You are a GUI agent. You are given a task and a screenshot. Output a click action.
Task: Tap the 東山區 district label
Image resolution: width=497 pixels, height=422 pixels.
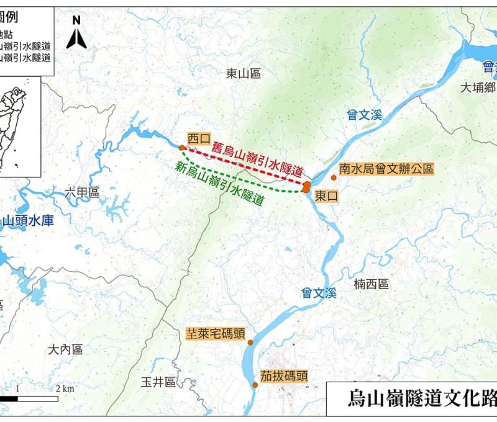[x=243, y=74]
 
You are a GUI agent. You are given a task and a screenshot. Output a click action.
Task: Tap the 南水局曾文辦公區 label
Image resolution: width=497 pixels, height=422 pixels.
[x=386, y=168]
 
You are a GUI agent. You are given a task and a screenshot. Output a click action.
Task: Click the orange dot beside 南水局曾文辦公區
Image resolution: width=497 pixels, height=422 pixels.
[x=334, y=178]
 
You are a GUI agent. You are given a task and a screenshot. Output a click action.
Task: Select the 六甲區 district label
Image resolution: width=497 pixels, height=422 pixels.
[x=82, y=194]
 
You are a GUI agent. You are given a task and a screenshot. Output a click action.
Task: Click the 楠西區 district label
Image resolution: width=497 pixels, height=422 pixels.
[x=371, y=284]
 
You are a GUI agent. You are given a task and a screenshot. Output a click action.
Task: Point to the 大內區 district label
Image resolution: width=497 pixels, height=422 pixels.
[x=65, y=350]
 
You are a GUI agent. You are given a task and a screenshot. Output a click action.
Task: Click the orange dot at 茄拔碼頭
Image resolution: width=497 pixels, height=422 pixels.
[x=254, y=385]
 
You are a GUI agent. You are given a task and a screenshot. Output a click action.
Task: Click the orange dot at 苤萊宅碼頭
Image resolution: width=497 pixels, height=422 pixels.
[x=250, y=343]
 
